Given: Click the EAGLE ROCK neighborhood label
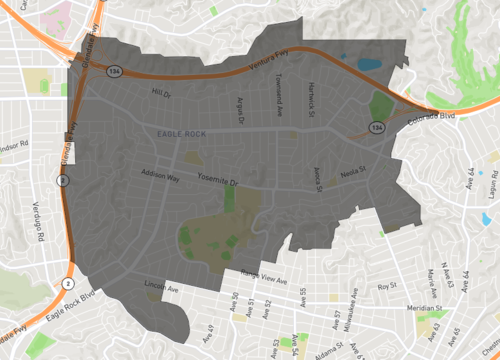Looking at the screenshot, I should point(180,133).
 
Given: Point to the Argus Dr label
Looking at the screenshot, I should point(238,103).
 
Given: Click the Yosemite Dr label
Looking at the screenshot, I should point(219,183).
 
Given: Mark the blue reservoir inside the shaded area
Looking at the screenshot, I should point(369,64).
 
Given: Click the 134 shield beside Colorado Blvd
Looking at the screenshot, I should point(376,129).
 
